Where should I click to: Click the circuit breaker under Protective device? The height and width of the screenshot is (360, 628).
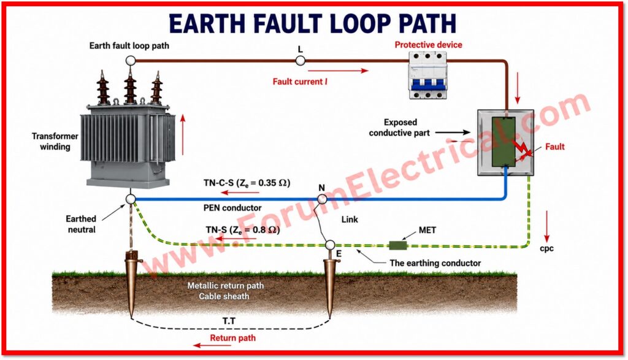tap(427, 75)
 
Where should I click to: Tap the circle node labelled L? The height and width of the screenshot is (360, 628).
tap(300, 61)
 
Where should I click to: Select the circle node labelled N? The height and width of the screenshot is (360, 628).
tap(322, 199)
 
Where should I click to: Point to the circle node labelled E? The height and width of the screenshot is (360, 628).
tap(329, 245)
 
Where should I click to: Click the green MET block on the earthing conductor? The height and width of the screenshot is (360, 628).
tap(398, 245)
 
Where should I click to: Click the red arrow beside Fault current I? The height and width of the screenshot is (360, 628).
tap(338, 71)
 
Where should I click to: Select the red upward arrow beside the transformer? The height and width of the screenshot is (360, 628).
tap(183, 134)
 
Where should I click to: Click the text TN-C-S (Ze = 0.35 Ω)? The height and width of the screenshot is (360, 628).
tap(247, 183)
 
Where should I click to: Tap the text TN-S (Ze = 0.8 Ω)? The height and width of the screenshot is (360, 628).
tap(243, 230)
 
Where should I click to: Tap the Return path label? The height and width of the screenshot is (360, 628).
tap(232, 338)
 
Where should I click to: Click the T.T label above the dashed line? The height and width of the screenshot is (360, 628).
tap(229, 321)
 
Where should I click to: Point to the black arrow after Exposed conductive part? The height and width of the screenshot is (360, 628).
tap(453, 132)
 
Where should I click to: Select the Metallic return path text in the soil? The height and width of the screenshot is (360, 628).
tap(226, 286)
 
